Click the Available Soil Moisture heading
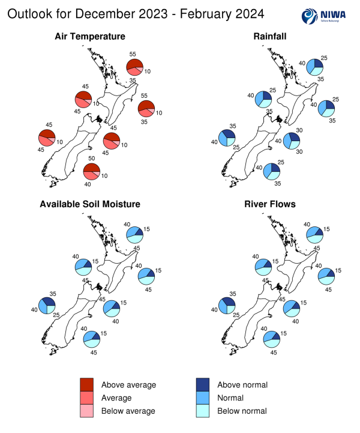pos(90,204)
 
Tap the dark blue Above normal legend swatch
pos(205,385)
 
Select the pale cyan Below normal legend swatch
pos(205,411)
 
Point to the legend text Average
pos(116,398)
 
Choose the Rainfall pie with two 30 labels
pos(292,141)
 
